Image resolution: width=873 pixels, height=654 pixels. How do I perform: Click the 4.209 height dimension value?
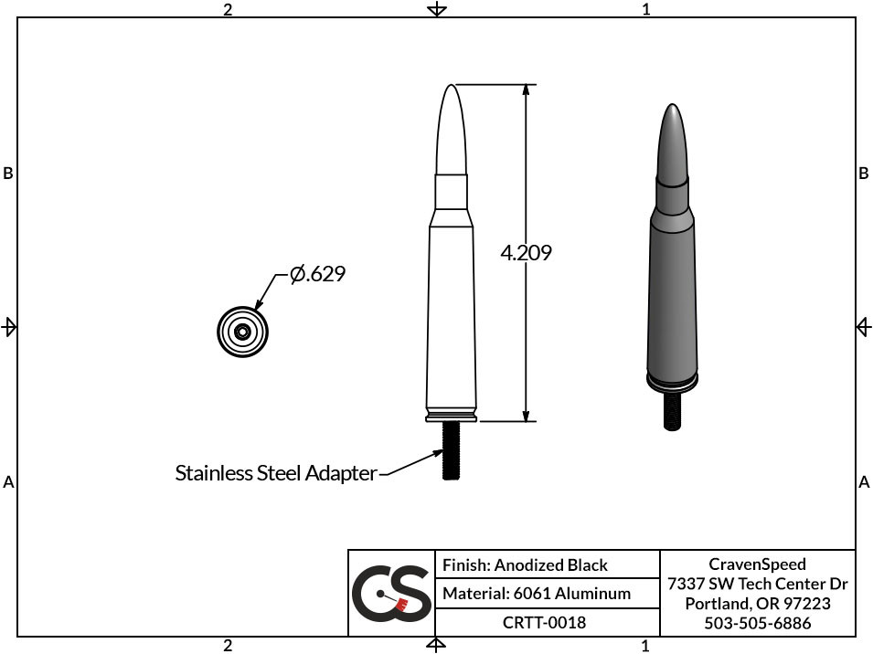(526, 253)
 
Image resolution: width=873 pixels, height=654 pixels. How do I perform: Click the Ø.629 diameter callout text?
(317, 273)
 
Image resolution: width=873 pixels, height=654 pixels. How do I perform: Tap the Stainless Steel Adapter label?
(275, 473)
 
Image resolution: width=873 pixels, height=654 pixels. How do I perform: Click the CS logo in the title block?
(391, 593)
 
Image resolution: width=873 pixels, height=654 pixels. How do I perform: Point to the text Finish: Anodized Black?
(525, 565)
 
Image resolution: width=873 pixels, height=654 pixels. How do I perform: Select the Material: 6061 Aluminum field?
(536, 594)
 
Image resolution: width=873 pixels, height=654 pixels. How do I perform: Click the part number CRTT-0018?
(544, 622)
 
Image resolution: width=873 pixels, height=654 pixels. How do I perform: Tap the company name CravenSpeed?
(757, 564)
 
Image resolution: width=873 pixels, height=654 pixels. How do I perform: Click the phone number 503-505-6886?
(757, 623)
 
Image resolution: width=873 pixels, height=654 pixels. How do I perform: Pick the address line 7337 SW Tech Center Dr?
(757, 584)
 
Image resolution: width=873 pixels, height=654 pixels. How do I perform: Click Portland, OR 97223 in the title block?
(757, 604)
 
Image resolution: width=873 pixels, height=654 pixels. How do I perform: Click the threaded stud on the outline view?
(451, 451)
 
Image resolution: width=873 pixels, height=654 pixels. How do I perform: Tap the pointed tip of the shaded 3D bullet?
(674, 109)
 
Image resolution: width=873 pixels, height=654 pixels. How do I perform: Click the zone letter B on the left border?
(8, 173)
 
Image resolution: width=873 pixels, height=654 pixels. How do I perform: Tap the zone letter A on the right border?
(864, 481)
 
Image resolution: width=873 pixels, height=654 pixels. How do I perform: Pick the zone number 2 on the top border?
(228, 9)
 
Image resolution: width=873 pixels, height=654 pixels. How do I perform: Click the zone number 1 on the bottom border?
(645, 646)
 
